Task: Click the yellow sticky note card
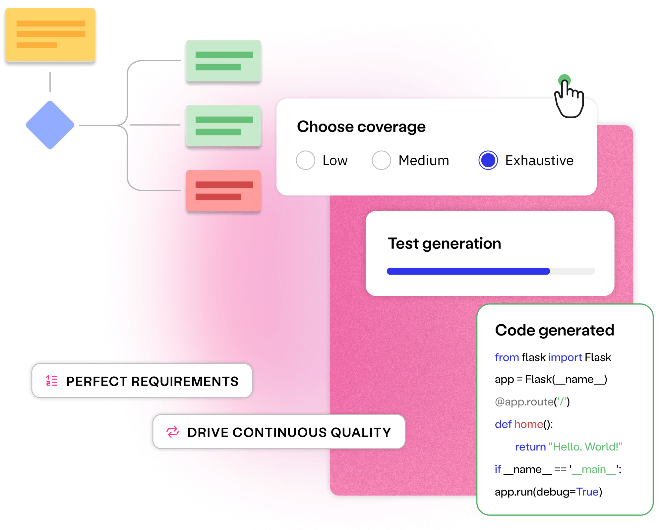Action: click(x=50, y=35)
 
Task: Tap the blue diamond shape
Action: click(x=50, y=125)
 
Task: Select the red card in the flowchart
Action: click(x=223, y=190)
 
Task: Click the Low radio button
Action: click(x=305, y=160)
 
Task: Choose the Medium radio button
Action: click(x=381, y=160)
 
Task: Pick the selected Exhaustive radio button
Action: click(x=488, y=160)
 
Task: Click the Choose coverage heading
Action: click(x=361, y=127)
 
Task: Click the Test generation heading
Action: click(x=444, y=243)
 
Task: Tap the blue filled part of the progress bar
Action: click(x=468, y=271)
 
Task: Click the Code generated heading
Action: click(x=554, y=330)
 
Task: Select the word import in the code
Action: click(x=565, y=357)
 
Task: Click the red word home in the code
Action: click(x=529, y=424)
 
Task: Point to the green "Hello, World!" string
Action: click(x=585, y=447)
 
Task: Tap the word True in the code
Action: click(x=587, y=492)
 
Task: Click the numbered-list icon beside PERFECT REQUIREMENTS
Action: click(x=52, y=381)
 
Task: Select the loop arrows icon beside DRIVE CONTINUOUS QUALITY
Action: click(x=172, y=432)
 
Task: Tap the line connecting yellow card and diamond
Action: click(x=50, y=82)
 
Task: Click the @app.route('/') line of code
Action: click(x=532, y=402)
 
